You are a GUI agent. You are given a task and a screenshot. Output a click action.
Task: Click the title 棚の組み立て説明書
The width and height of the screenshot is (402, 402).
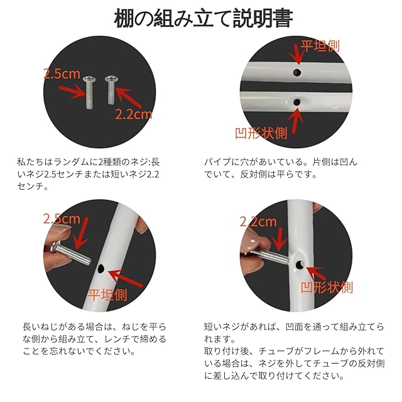[204, 18]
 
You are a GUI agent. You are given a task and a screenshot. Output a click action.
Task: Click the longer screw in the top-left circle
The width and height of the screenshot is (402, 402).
[89, 92]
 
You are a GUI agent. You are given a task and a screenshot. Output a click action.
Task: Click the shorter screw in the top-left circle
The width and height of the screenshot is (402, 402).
[111, 90]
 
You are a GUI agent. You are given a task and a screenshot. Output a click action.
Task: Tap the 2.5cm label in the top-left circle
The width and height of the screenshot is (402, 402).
[62, 74]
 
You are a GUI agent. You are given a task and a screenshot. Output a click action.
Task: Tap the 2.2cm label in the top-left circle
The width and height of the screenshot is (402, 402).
[133, 114]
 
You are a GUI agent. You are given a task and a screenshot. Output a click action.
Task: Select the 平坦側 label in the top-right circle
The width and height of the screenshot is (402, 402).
[320, 46]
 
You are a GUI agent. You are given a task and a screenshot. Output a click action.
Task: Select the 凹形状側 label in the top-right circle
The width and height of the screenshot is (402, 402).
[261, 133]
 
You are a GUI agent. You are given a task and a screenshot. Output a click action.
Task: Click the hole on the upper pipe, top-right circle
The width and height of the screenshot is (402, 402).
[297, 73]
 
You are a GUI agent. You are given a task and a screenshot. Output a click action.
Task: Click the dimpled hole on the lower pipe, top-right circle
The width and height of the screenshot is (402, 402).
[296, 102]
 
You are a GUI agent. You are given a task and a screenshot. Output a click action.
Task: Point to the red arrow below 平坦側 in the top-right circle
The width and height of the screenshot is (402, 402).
[295, 55]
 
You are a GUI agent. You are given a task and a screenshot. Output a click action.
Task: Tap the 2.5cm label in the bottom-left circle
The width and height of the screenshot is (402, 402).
[62, 219]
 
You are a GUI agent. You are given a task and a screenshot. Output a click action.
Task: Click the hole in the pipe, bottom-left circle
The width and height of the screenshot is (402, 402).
[101, 268]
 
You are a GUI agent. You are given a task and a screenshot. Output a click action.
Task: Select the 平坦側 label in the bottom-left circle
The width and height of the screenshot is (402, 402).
[107, 295]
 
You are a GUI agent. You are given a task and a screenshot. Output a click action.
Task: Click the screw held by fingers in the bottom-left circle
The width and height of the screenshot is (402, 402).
[71, 254]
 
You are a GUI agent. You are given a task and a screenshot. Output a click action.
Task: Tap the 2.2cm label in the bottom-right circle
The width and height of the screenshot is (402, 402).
[258, 222]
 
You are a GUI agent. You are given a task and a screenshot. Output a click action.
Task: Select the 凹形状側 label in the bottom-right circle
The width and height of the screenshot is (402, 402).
[327, 288]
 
